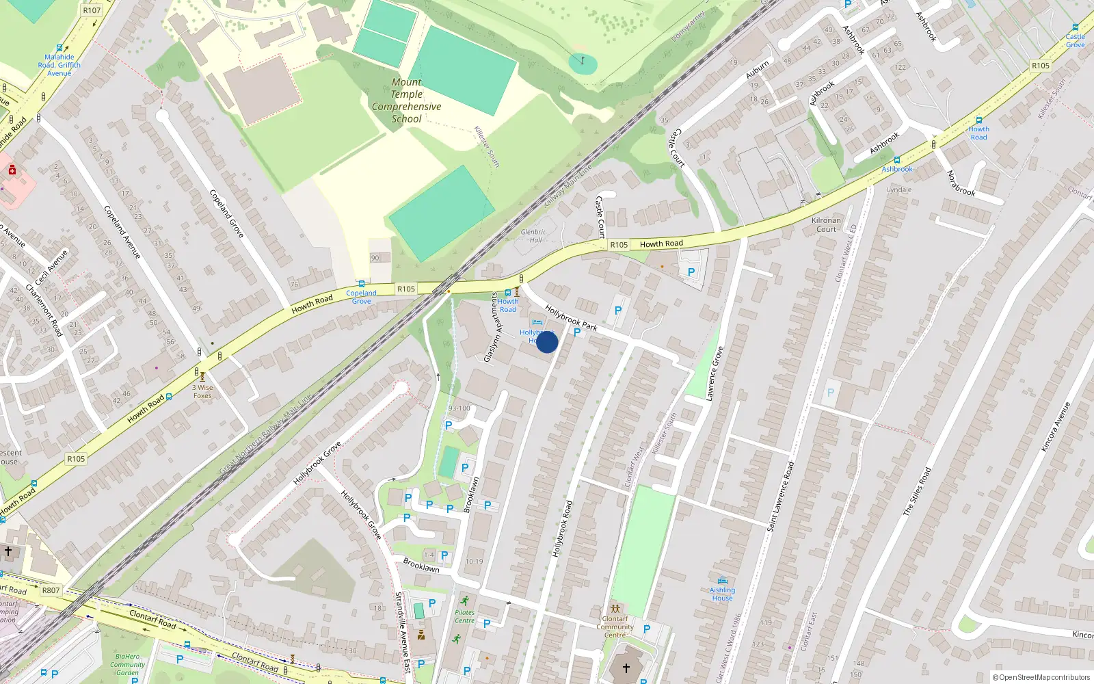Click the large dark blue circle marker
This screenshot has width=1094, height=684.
547,342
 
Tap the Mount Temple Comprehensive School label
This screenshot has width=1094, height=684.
407,101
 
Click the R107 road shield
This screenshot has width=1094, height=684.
92,10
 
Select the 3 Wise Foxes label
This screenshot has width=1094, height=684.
202,391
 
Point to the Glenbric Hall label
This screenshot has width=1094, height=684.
533,236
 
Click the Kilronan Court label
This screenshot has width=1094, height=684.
826,224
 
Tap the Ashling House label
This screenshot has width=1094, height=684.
722,594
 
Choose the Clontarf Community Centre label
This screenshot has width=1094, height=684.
615,627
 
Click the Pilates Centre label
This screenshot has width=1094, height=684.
464,616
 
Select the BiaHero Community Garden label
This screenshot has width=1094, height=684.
127,664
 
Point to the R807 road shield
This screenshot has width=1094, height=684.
51,590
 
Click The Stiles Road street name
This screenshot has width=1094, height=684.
917,491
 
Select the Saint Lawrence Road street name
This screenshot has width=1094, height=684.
780,497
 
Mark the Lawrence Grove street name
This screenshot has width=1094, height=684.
715,373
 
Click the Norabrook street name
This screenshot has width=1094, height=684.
960,183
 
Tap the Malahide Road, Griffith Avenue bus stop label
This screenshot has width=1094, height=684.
59,65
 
